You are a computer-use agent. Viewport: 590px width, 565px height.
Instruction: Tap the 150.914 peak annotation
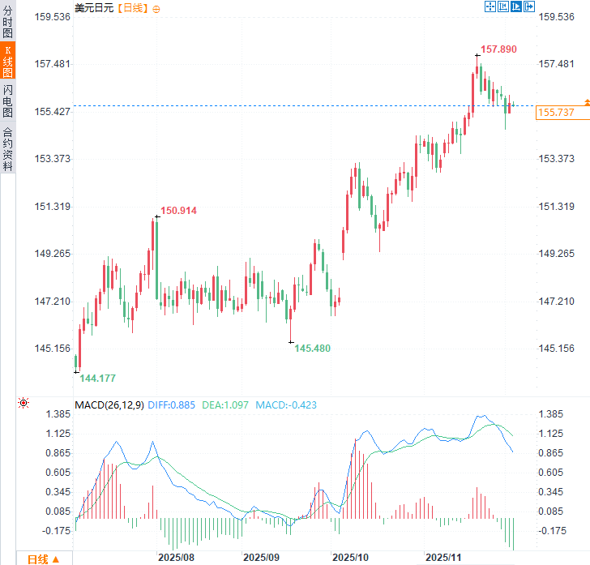pyautogui.click(x=178, y=211)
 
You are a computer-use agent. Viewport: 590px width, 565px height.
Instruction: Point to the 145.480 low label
pyautogui.click(x=312, y=348)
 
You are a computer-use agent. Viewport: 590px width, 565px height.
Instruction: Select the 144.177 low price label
pyautogui.click(x=97, y=379)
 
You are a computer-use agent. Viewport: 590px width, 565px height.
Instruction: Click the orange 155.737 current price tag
pyautogui.click(x=555, y=113)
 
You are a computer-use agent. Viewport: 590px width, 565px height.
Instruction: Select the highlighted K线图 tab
pyautogui.click(x=7, y=61)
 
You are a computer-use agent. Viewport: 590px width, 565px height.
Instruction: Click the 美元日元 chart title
pyautogui.click(x=93, y=7)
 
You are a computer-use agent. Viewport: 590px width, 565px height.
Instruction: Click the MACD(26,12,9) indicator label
pyautogui.click(x=109, y=405)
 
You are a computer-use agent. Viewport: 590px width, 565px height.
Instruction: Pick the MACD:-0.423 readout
pyautogui.click(x=286, y=405)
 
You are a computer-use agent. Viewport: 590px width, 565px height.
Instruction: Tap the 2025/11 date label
pyautogui.click(x=443, y=558)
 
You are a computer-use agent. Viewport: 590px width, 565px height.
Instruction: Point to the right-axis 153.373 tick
pyautogui.click(x=557, y=159)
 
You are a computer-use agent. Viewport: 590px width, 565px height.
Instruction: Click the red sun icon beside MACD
pyautogui.click(x=24, y=403)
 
